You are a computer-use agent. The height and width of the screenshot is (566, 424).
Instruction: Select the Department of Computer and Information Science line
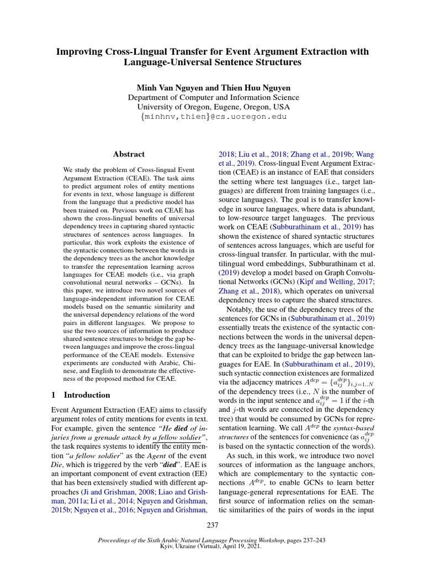[213, 97]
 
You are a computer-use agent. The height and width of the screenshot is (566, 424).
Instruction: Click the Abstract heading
[129, 154]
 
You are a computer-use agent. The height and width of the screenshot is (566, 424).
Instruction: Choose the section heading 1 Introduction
[80, 395]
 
